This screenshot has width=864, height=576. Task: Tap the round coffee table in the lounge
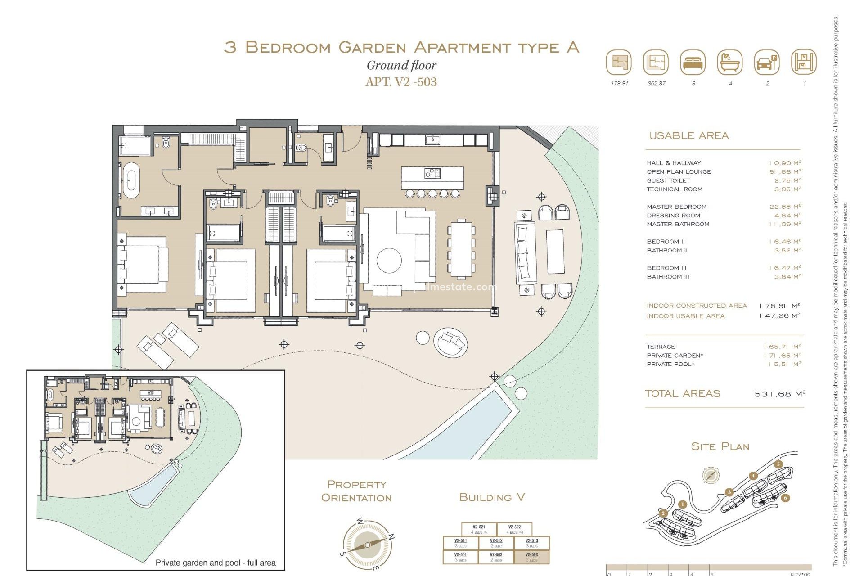(389, 260)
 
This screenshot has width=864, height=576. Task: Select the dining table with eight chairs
(461, 249)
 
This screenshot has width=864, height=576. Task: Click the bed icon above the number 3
(693, 63)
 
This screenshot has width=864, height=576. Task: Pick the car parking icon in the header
(766, 63)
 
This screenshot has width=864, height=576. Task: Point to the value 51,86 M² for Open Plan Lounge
(785, 172)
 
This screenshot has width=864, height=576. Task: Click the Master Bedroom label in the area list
(676, 207)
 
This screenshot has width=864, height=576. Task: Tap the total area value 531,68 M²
(779, 394)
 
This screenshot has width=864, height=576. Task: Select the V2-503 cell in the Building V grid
(531, 557)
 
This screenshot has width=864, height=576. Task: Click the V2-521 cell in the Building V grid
(479, 529)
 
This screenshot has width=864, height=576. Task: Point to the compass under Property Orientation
(367, 544)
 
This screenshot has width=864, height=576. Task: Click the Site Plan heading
(720, 446)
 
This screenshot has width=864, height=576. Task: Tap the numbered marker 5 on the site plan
(778, 464)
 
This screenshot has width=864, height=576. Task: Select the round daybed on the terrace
(450, 342)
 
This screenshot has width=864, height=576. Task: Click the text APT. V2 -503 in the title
(401, 82)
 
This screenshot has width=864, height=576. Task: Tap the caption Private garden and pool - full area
(216, 562)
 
